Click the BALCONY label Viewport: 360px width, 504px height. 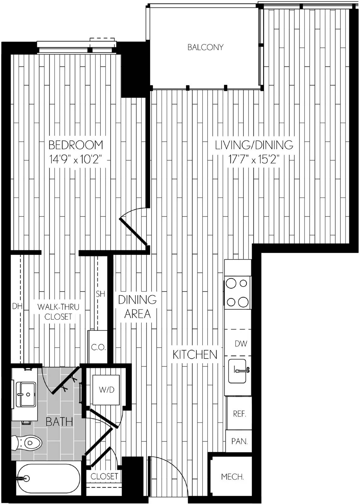205,47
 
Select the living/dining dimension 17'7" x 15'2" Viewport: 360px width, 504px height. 254,160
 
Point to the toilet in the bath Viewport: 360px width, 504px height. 26,443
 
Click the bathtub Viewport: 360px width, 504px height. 49,478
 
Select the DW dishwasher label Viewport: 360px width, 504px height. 241,343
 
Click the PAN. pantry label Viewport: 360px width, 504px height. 239,441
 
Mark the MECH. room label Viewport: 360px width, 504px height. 232,477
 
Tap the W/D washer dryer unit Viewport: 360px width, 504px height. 106,390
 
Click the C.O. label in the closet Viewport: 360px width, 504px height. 98,348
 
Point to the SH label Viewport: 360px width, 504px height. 101,294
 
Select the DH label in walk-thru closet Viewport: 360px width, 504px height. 17,306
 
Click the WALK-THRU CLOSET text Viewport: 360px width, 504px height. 58,312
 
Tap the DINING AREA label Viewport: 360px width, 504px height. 137,307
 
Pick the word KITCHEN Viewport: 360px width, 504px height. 195,355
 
